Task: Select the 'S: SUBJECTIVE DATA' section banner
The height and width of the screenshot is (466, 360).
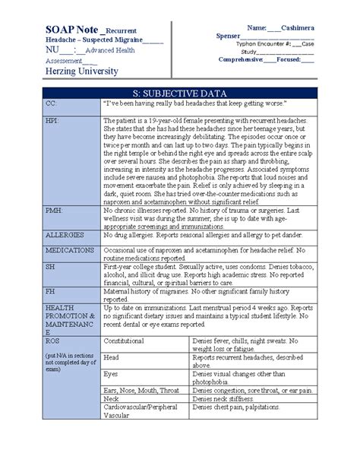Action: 179,91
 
